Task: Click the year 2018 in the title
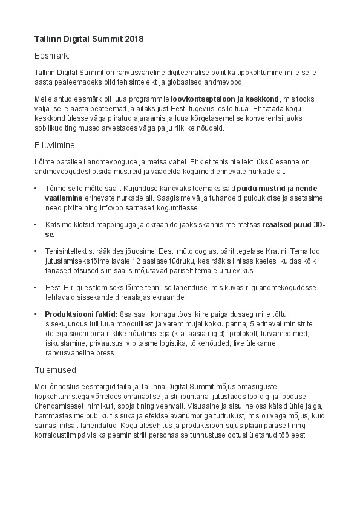(134, 39)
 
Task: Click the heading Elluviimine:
(55, 146)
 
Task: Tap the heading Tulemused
(55, 369)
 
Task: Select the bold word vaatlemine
(65, 198)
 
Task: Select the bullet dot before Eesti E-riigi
(36, 288)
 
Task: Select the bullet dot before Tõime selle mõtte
(36, 189)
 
